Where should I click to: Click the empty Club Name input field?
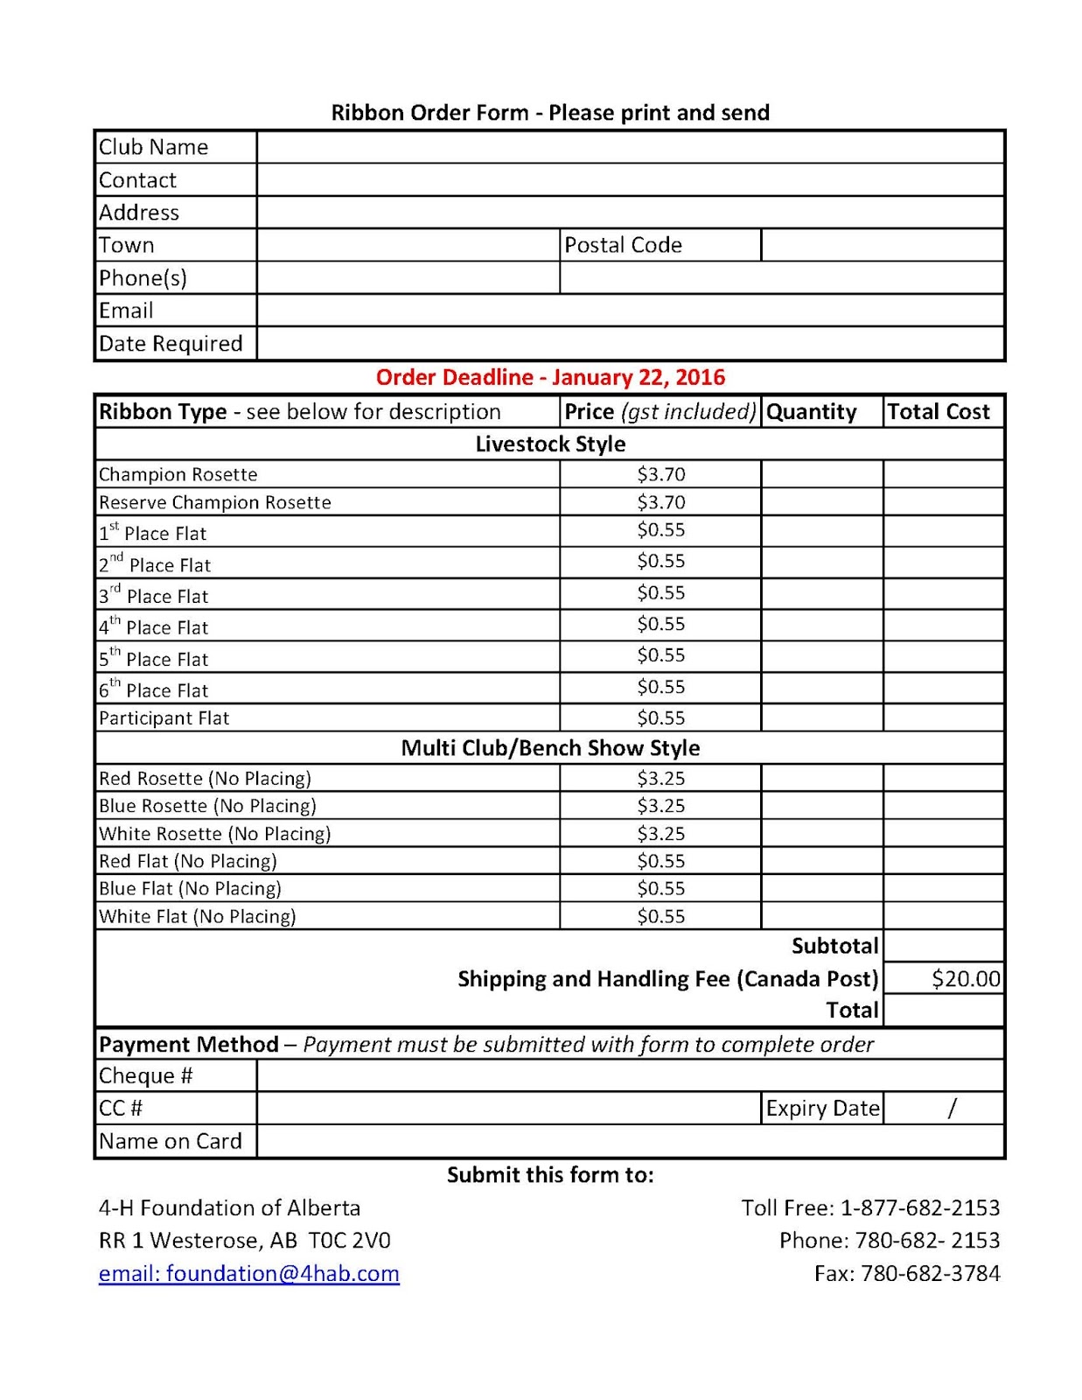[630, 147]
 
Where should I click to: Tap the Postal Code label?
[623, 245]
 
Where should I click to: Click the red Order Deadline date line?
[550, 377]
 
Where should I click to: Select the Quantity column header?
[811, 411]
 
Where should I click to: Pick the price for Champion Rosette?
[660, 474]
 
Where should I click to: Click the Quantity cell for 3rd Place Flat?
[821, 593]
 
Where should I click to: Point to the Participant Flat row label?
[164, 718]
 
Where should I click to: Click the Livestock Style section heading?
[550, 444]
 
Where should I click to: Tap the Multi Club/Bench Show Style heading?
[550, 748]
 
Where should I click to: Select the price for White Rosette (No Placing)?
[660, 833]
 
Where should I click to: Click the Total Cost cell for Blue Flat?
[943, 888]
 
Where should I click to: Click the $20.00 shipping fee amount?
[965, 978]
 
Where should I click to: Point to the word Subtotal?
[834, 946]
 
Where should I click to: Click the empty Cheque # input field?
[630, 1075]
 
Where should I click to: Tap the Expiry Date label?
[822, 1109]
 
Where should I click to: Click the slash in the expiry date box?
[952, 1109]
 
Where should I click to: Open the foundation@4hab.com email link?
[249, 1273]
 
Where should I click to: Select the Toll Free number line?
[870, 1207]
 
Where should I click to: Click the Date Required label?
[171, 344]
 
